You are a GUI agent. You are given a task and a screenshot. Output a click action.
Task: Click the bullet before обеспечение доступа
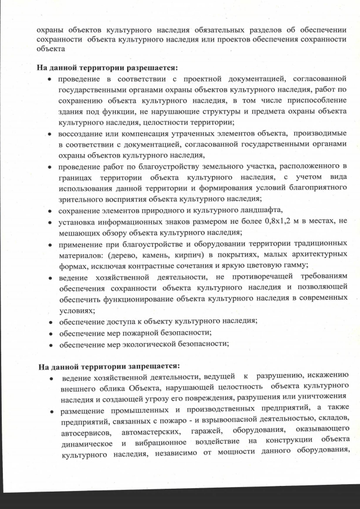[x=50, y=322]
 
